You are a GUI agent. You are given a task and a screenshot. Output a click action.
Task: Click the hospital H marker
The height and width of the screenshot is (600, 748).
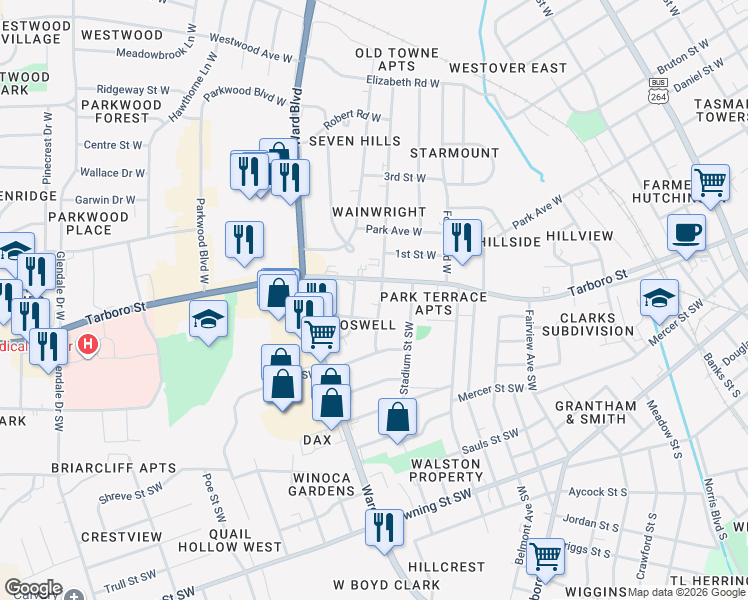[x=89, y=345]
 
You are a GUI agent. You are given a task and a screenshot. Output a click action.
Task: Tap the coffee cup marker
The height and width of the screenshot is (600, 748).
[x=687, y=233]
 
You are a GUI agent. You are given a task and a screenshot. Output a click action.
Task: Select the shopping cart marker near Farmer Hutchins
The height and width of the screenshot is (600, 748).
[x=710, y=183]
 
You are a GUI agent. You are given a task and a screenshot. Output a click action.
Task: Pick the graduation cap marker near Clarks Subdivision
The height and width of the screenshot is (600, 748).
[x=659, y=298]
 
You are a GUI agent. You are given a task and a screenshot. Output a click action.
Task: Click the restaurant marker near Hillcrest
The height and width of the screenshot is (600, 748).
[x=383, y=526]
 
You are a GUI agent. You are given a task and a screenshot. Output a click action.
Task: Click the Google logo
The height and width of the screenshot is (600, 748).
[x=33, y=588]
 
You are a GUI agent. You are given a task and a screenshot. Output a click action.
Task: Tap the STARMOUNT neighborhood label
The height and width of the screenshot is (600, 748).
[x=454, y=153]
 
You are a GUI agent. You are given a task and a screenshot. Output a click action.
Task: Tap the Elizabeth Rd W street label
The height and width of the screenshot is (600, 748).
[x=403, y=83]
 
